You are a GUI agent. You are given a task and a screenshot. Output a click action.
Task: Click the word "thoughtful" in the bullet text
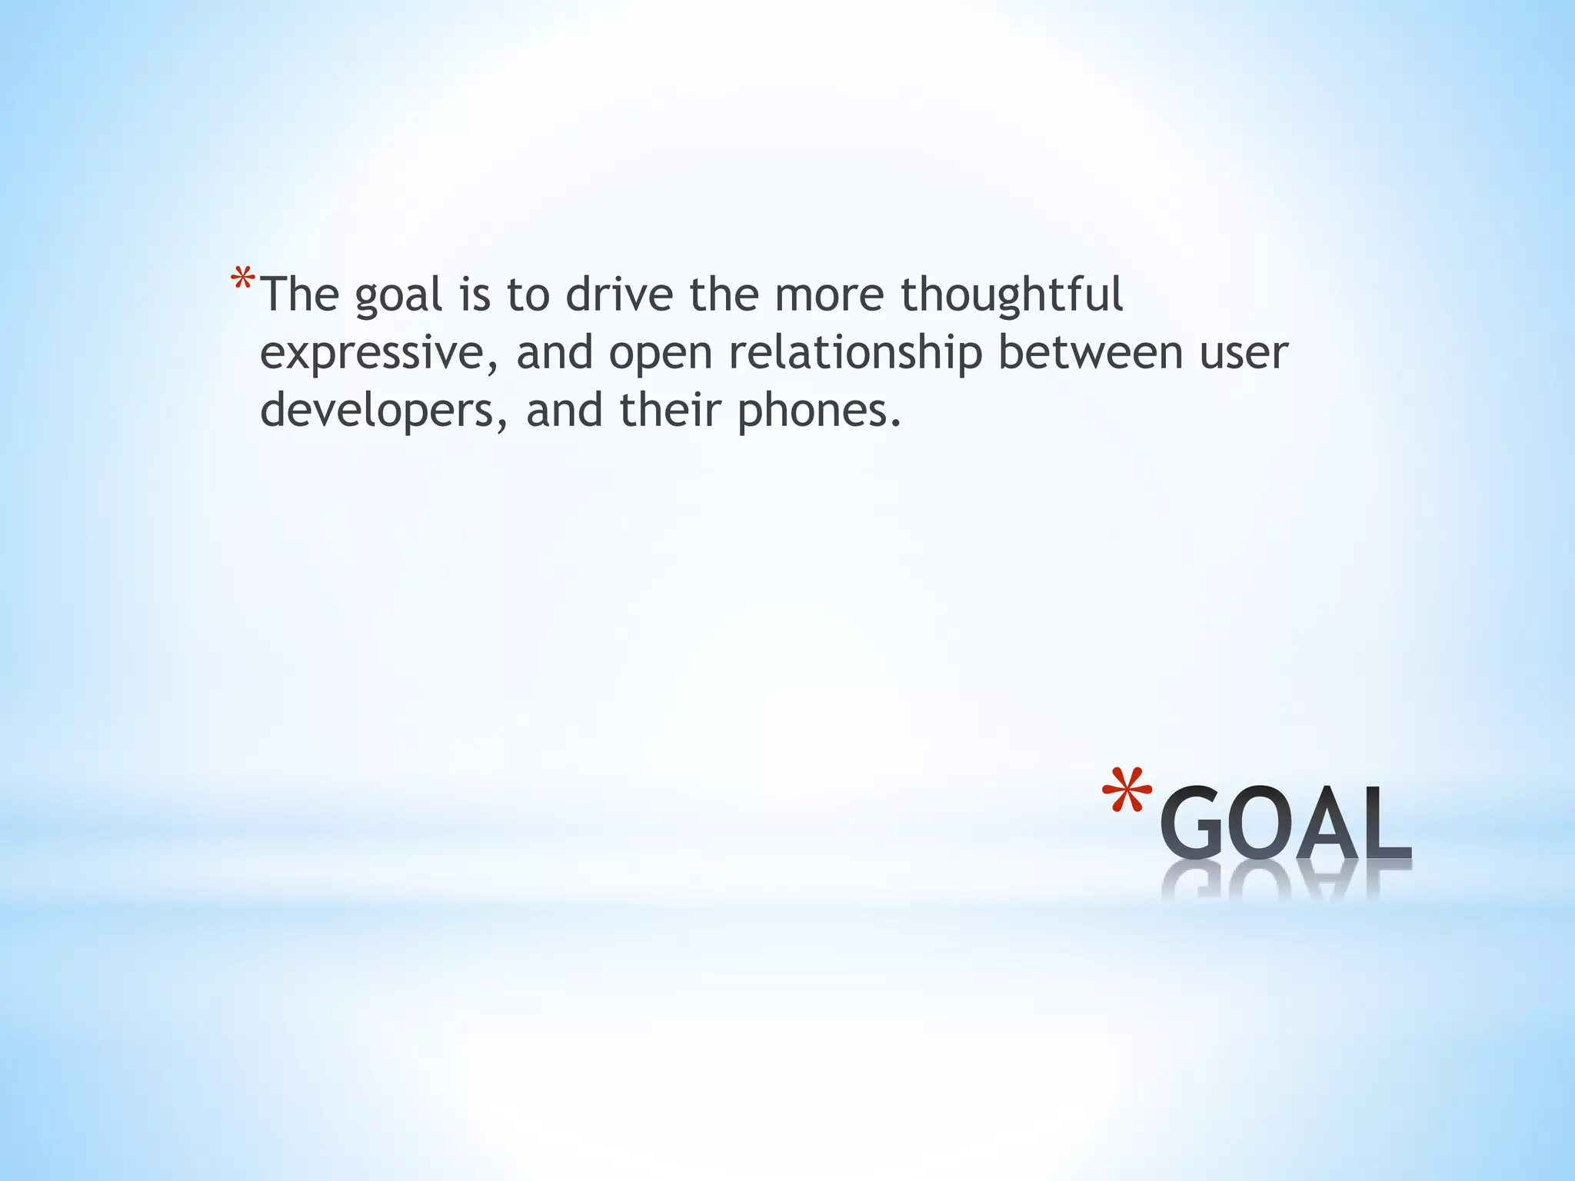(1011, 295)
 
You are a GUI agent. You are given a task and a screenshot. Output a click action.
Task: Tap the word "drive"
(619, 295)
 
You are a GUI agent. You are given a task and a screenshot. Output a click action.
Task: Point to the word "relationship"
(855, 354)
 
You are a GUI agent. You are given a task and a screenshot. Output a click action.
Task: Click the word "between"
(1091, 352)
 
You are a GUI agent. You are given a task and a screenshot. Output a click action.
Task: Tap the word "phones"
(817, 411)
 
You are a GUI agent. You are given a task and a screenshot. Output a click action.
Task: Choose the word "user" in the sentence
(1244, 354)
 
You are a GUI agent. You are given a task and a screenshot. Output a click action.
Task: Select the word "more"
(828, 295)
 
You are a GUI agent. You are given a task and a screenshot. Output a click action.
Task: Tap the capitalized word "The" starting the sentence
(300, 294)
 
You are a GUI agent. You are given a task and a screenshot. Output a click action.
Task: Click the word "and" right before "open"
(554, 354)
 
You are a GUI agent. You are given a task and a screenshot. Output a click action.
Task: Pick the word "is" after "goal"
(474, 294)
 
